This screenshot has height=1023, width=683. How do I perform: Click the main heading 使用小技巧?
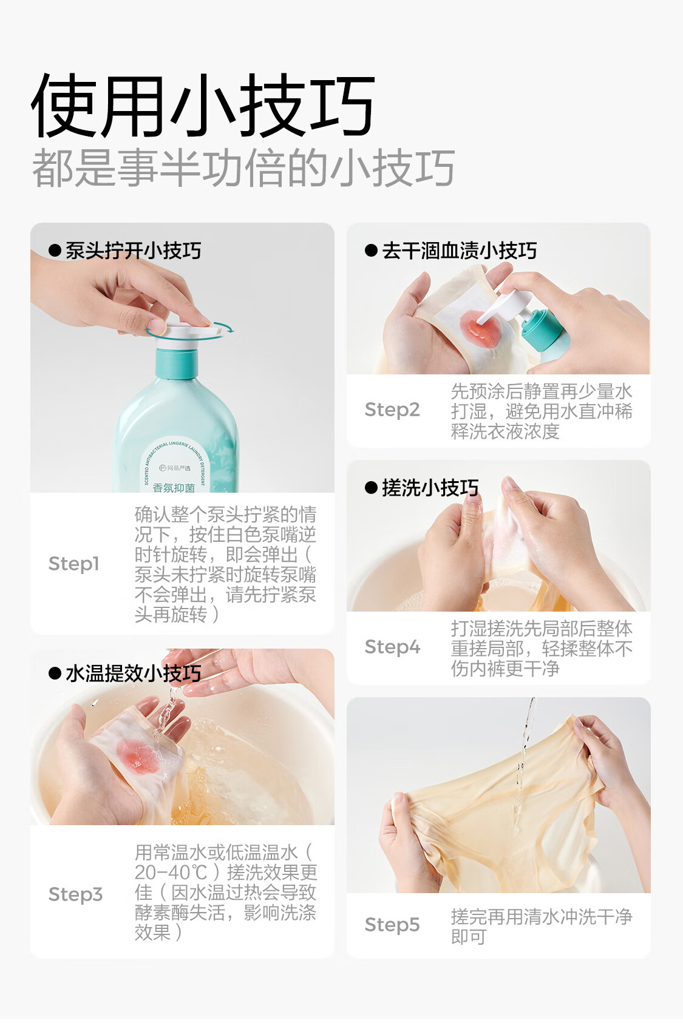pos(203,106)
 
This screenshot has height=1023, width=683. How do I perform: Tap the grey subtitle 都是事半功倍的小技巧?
pos(243,167)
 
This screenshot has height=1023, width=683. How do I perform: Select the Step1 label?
pos(73,564)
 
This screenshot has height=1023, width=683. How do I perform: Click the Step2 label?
pos(392,410)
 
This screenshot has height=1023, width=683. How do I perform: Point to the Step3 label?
pos(75,894)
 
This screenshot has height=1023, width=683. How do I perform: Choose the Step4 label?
pos(392,647)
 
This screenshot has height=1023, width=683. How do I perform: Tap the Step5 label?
pos(392,924)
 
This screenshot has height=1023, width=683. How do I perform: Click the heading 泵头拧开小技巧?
pos(134,251)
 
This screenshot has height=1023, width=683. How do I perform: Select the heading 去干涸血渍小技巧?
pos(460,251)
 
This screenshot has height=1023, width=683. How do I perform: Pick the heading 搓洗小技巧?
pos(430,488)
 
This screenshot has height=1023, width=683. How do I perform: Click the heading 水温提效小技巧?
pos(134,674)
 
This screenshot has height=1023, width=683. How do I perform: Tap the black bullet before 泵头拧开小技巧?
pos(55,251)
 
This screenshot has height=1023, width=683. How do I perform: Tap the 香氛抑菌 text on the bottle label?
pos(174,487)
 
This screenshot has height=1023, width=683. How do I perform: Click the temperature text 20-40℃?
pos(171,873)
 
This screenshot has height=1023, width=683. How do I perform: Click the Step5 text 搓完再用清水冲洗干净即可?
pos(542,927)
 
